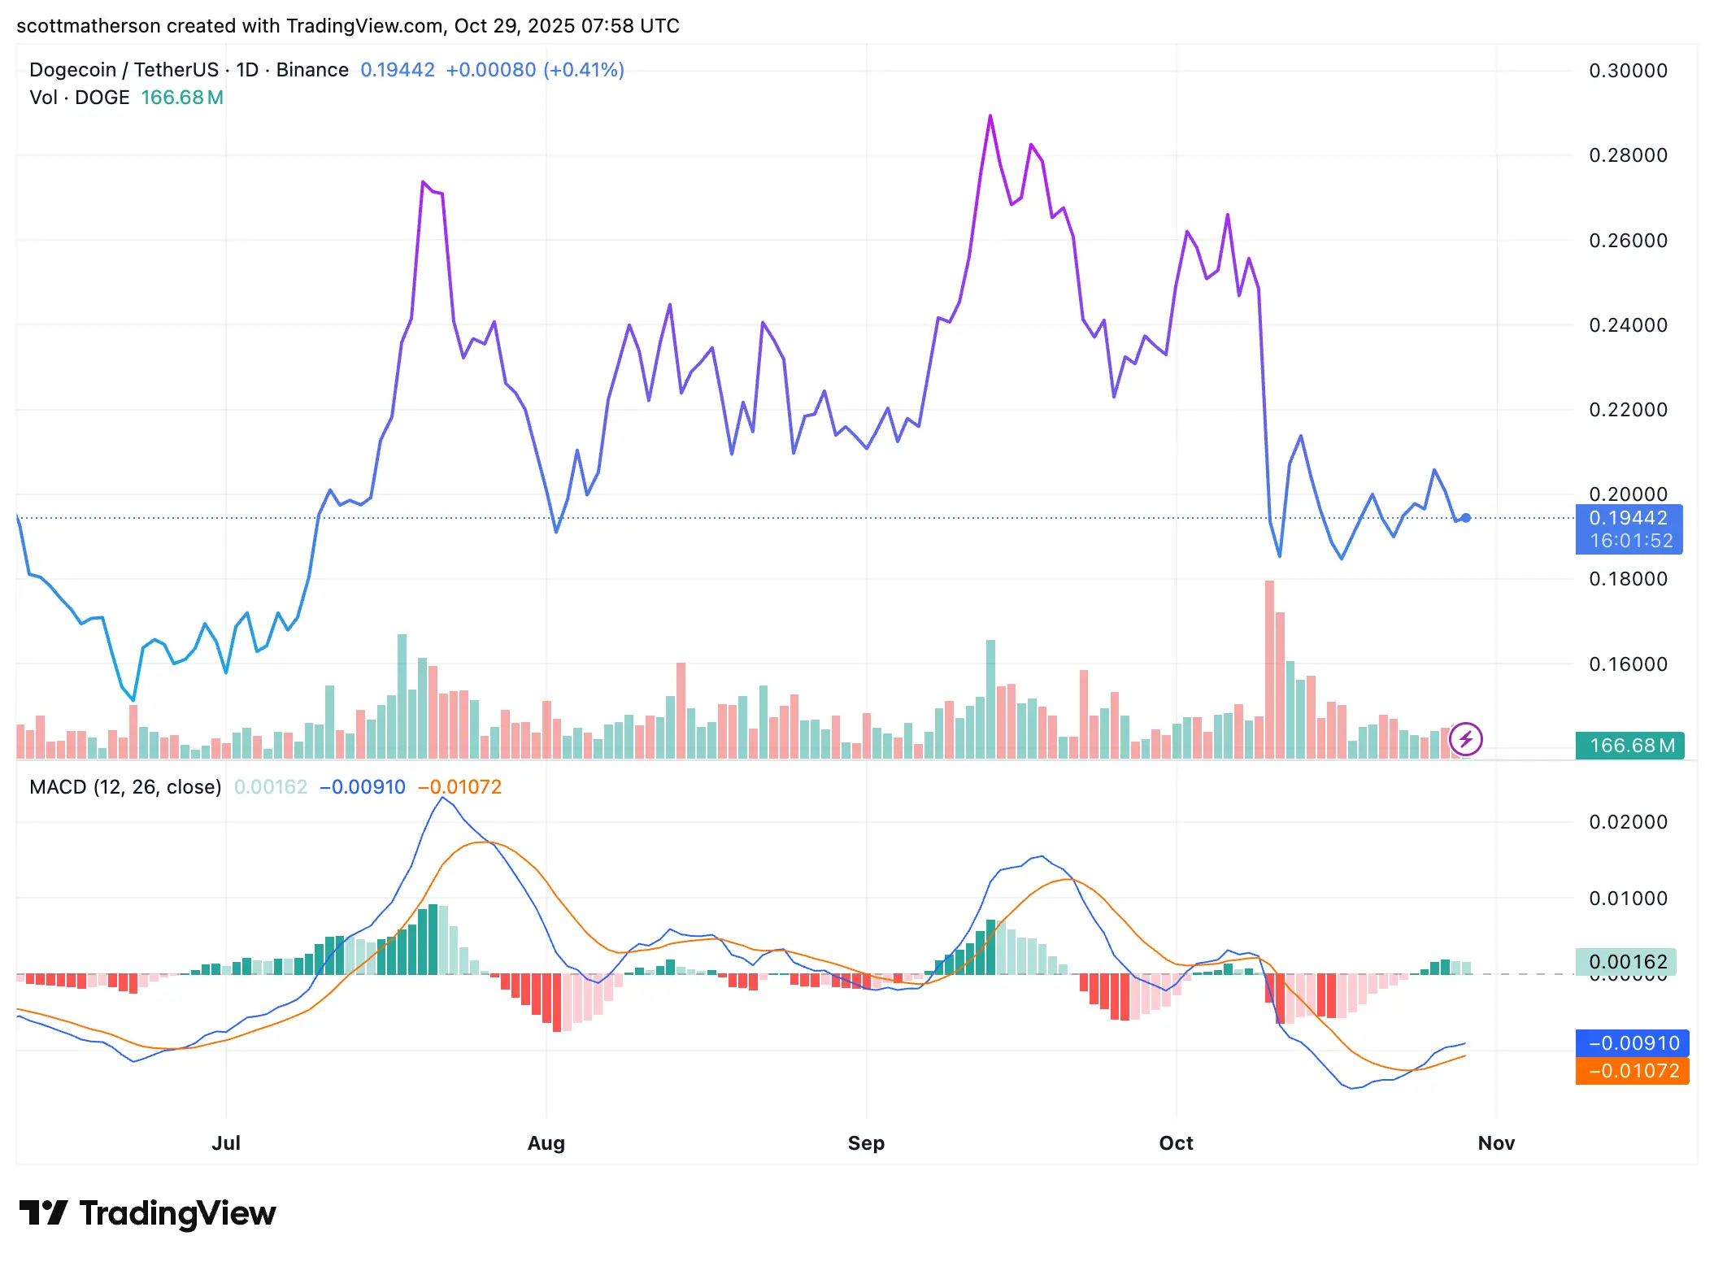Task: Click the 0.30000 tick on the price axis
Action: point(1627,71)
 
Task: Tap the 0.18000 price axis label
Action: point(1627,579)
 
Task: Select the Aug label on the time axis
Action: point(546,1142)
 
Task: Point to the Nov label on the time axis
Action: point(1495,1142)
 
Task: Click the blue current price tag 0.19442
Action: point(1628,519)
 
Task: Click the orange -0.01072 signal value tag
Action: point(1633,1071)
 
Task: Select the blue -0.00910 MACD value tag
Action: point(1633,1043)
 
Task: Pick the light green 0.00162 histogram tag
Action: point(1627,962)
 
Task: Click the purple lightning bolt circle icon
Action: point(1466,739)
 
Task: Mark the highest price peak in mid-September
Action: point(990,116)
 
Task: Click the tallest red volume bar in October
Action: point(1269,667)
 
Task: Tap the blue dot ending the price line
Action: point(1466,518)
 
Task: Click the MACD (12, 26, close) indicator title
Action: point(125,787)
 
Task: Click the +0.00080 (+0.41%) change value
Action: point(535,70)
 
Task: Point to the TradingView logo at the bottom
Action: point(147,1213)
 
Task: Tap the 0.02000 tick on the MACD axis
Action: point(1627,822)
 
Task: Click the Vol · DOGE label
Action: point(79,98)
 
